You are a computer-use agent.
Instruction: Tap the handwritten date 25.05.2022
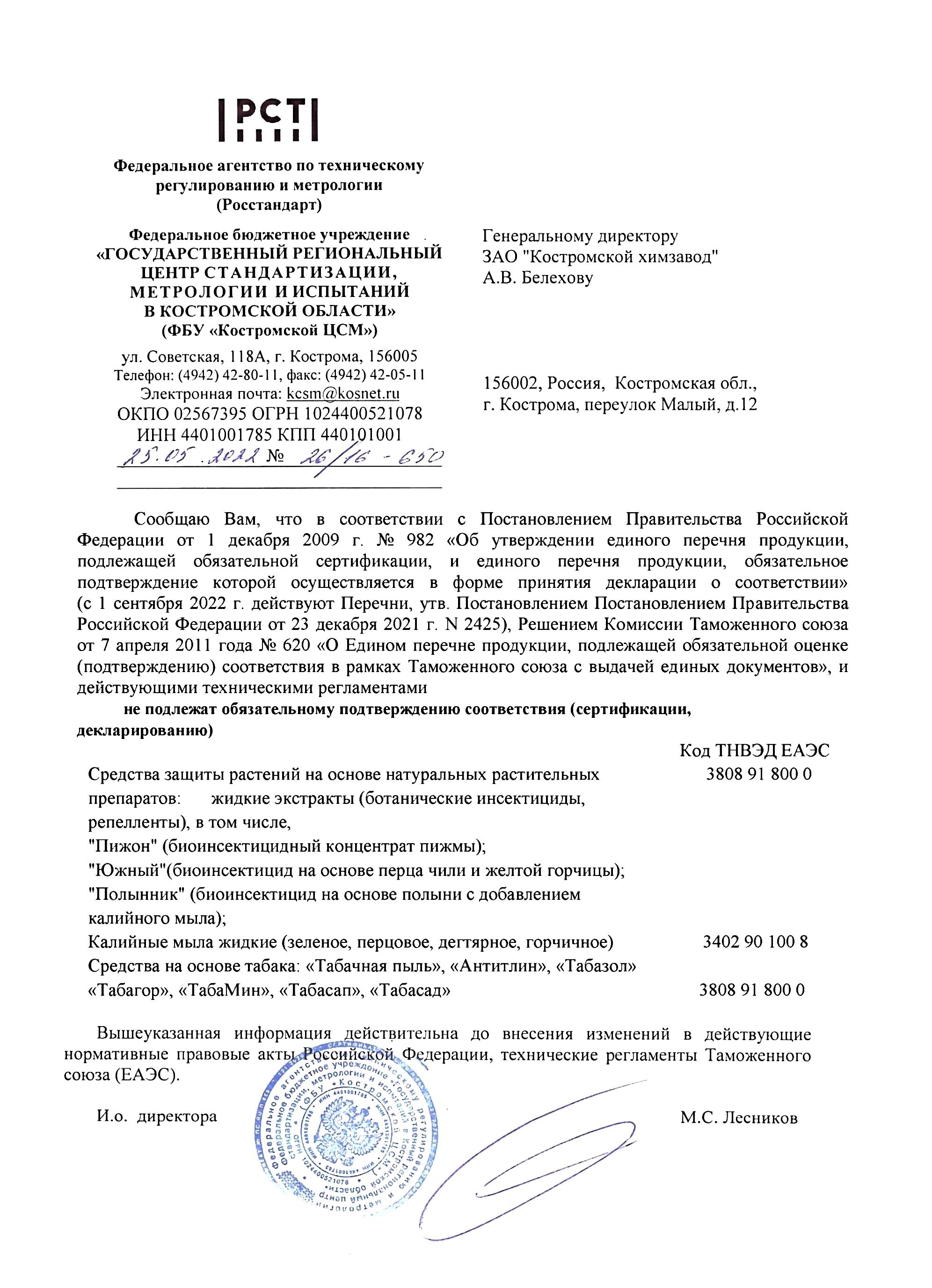[191, 456]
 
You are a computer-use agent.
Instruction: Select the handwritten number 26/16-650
[368, 456]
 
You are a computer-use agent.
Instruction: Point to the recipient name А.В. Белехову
[537, 278]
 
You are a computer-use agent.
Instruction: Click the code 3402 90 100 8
[755, 941]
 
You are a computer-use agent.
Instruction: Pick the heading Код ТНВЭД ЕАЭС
[754, 751]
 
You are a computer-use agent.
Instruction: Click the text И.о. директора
[157, 1116]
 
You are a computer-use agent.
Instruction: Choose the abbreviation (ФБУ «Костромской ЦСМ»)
[269, 330]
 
